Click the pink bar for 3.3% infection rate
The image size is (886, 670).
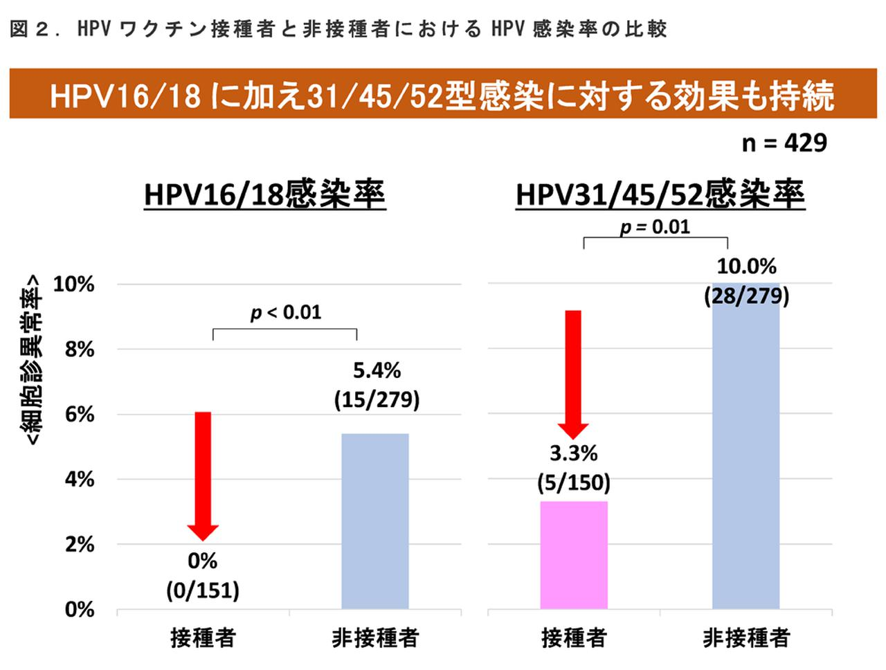(573, 554)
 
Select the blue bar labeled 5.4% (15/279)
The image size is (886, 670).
(374, 520)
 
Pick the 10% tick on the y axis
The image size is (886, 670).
(73, 284)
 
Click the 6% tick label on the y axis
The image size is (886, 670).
(79, 415)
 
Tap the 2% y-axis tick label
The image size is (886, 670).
(79, 545)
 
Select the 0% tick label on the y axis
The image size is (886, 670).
(79, 610)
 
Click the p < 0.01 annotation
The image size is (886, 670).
(286, 313)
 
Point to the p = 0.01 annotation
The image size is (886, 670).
(655, 227)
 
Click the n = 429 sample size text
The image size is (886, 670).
(784, 143)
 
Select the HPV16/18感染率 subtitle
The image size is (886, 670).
(264, 194)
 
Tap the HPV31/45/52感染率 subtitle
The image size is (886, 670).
(660, 194)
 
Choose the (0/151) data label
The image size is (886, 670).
(203, 590)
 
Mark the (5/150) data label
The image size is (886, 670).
(573, 482)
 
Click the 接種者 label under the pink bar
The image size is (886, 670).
(573, 637)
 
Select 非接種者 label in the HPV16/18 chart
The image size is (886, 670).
(374, 637)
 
